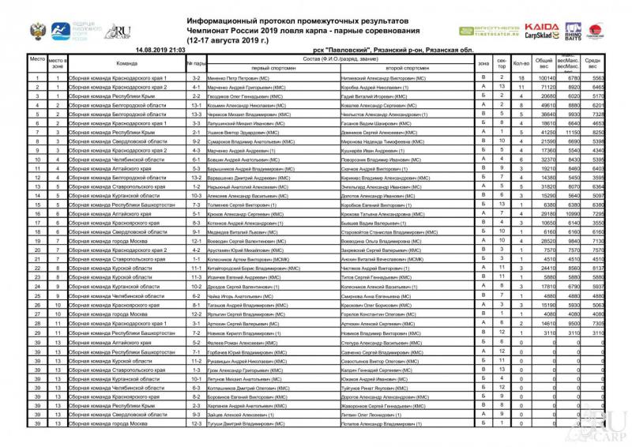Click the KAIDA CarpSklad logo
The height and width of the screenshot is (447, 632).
[541, 31]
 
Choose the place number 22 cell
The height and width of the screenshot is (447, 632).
[37, 267]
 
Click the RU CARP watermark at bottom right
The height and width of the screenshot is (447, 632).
[609, 426]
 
